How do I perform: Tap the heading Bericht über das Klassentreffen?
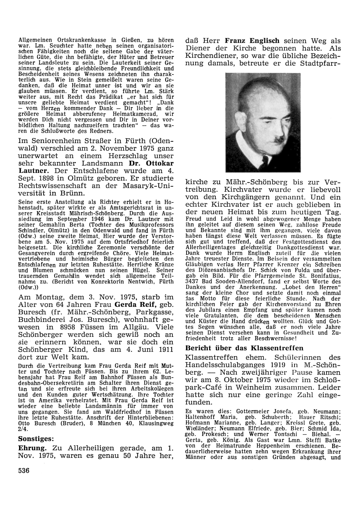pyautogui.click(x=244, y=348)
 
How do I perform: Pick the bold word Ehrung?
pyautogui.click(x=33, y=448)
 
